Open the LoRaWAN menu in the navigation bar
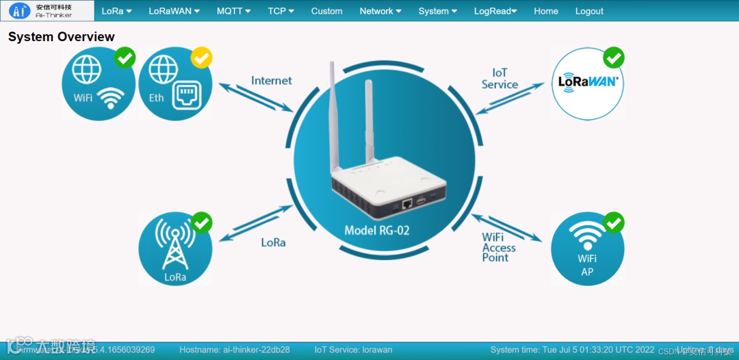click(x=174, y=11)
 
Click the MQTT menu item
click(x=233, y=11)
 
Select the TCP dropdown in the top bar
click(x=281, y=11)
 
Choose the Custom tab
click(x=326, y=11)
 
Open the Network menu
click(x=380, y=11)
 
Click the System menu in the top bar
click(x=438, y=11)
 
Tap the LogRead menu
click(x=495, y=11)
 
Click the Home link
click(x=546, y=11)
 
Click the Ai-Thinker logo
click(x=47, y=10)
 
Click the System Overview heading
click(x=62, y=37)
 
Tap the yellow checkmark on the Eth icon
click(x=201, y=57)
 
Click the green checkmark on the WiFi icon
click(x=125, y=57)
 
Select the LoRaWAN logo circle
click(x=588, y=83)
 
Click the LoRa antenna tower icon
click(x=175, y=247)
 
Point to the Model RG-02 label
click(x=377, y=231)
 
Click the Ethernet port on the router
click(x=406, y=203)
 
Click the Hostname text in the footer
click(x=235, y=350)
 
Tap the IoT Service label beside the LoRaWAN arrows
click(x=500, y=79)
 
